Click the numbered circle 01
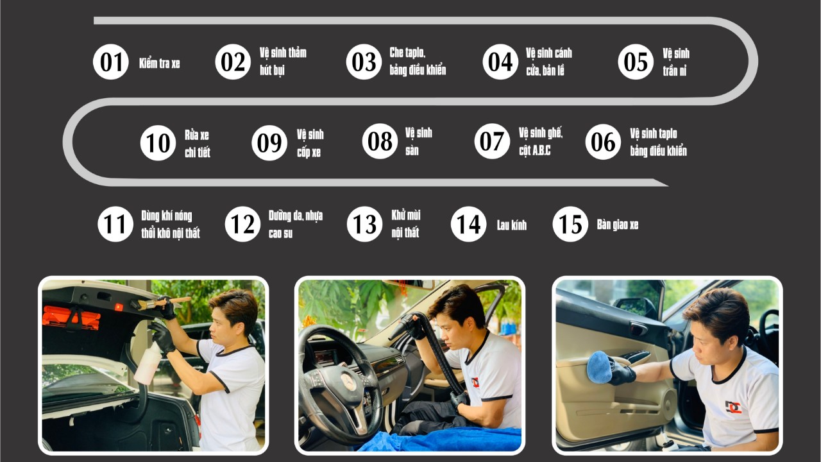[x=111, y=62]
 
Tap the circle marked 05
[x=636, y=62]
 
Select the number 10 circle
[x=158, y=142]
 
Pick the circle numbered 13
[x=365, y=224]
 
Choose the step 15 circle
[x=570, y=224]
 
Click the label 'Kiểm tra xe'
[x=160, y=64]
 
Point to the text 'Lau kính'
[x=512, y=225]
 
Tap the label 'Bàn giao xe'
[x=618, y=225]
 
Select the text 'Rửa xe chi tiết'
[x=198, y=143]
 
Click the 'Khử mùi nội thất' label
[x=406, y=224]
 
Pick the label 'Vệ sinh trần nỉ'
[x=676, y=62]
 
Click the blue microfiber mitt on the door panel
[x=599, y=368]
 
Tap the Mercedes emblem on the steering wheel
[x=348, y=381]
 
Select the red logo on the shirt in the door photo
[x=733, y=407]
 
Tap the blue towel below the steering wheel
[x=440, y=440]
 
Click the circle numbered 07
[x=492, y=141]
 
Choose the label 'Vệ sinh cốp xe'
[x=310, y=143]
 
